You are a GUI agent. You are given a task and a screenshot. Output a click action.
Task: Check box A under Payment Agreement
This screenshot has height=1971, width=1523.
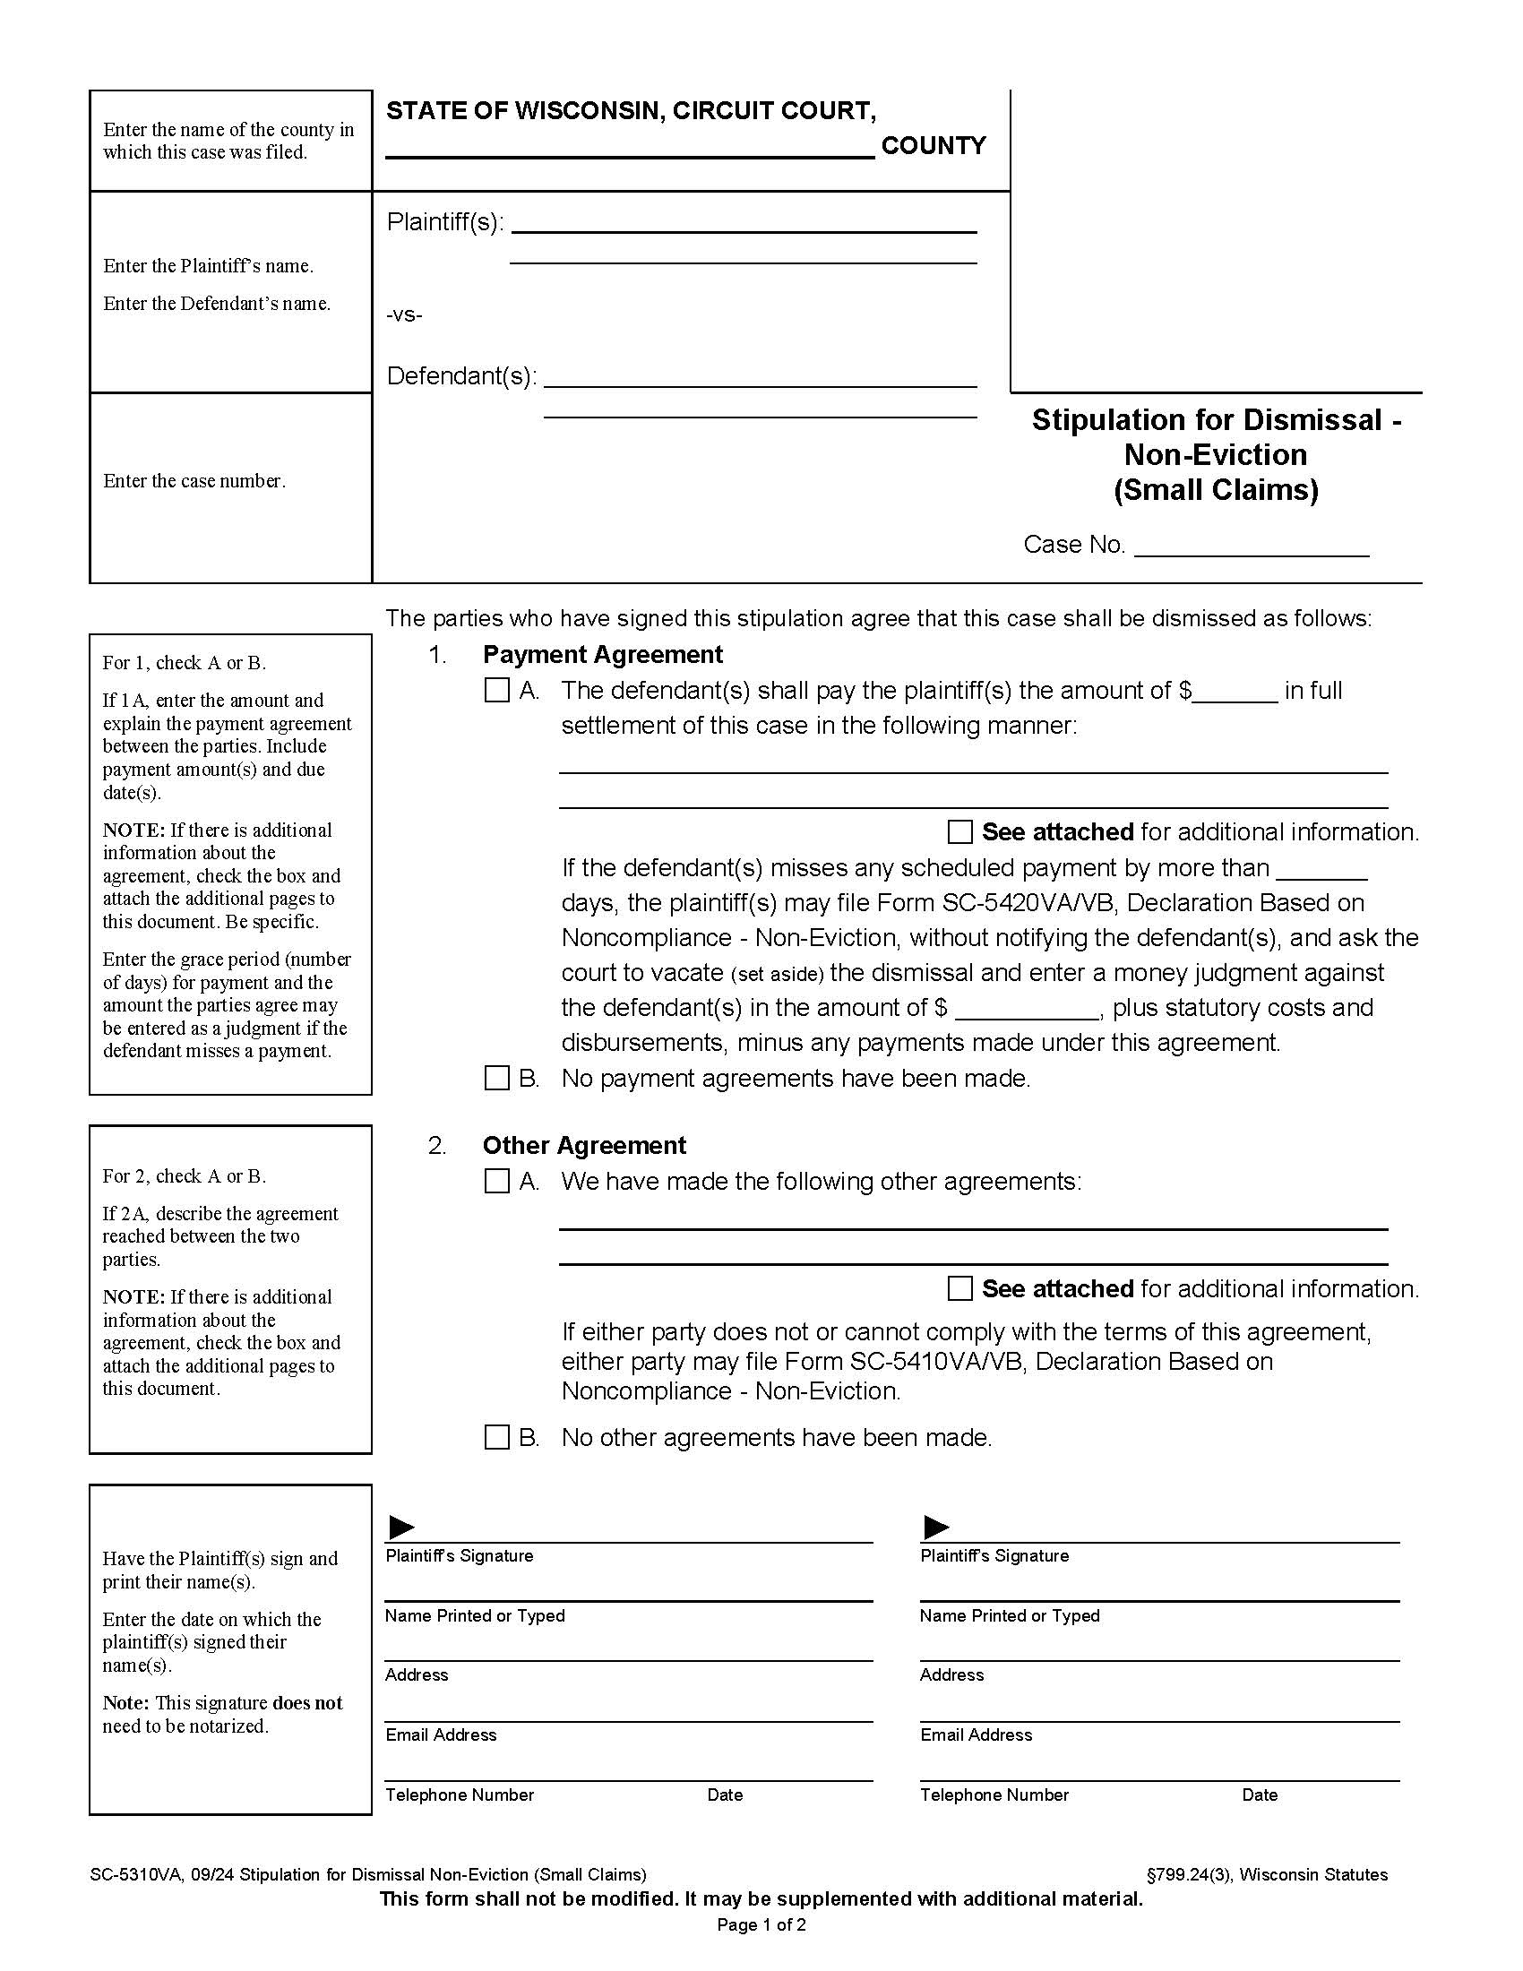click(497, 691)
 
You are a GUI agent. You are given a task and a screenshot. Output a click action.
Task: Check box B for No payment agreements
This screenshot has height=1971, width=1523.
click(497, 1079)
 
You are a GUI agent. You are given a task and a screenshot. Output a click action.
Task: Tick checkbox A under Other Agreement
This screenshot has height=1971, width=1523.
click(497, 1182)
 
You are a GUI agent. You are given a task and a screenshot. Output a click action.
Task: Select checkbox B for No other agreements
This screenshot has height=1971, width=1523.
click(497, 1438)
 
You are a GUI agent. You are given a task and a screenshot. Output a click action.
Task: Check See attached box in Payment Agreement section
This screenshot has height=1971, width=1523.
click(960, 831)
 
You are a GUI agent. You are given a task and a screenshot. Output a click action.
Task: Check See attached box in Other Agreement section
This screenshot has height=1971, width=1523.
click(960, 1288)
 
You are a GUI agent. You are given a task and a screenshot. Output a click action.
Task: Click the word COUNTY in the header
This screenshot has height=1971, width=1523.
click(933, 145)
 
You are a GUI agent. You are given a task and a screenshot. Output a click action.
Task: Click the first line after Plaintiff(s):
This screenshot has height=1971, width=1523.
click(744, 225)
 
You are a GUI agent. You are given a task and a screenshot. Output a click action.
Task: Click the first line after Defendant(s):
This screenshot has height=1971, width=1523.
click(760, 379)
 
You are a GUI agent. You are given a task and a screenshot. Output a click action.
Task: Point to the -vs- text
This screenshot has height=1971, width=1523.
click(404, 315)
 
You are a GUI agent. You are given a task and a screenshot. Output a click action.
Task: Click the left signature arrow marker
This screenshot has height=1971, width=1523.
click(400, 1527)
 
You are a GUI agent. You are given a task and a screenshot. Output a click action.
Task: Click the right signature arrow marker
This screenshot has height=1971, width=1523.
click(936, 1527)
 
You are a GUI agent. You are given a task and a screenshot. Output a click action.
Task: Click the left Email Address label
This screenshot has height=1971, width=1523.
click(440, 1734)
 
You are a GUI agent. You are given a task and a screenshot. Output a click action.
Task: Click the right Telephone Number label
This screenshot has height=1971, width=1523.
click(994, 1795)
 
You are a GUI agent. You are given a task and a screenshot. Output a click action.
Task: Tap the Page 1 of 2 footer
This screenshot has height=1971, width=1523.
click(761, 1924)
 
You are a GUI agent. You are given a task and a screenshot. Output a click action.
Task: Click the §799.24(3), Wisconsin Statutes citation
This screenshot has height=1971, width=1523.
click(1266, 1874)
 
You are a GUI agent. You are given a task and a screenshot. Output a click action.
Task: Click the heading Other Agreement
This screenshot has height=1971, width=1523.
click(584, 1145)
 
